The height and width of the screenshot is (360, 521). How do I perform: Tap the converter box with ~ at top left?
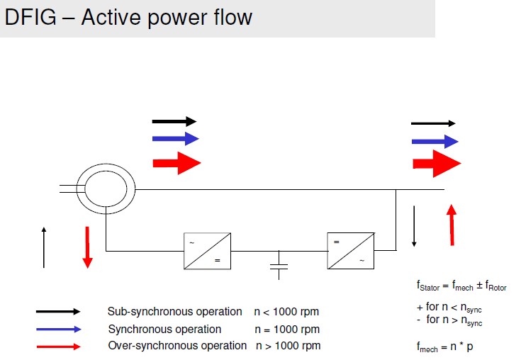tap(207, 250)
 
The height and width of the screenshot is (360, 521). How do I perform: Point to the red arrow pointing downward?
tap(87, 247)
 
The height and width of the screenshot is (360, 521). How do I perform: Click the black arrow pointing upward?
tap(44, 247)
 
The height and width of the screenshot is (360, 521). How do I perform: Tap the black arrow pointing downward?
tap(414, 225)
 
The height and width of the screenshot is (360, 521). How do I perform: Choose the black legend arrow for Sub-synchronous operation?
tap(58, 311)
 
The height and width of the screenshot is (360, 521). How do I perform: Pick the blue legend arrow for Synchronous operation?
tap(58, 329)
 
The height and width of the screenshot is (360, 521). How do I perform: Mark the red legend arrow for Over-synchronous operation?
tap(58, 347)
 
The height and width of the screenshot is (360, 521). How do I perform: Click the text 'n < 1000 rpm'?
tap(286, 312)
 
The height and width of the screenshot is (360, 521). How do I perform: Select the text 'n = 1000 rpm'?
tap(286, 330)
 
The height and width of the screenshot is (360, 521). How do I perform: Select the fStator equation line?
tap(461, 286)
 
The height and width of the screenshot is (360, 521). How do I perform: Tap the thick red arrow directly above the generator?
tap(177, 162)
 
